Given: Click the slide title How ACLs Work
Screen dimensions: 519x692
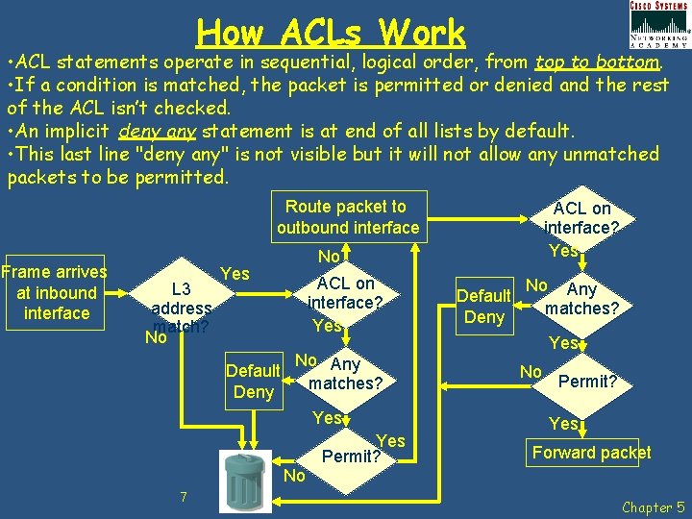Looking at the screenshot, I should coord(331,33).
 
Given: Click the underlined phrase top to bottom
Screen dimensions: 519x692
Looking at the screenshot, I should coord(597,62).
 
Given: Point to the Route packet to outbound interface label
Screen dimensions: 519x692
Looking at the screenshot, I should coord(347,217).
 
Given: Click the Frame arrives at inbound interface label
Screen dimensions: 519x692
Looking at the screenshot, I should coord(56,292).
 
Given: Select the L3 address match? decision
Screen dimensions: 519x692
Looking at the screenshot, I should coord(181,308).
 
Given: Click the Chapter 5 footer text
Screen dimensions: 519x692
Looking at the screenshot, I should coord(653,507).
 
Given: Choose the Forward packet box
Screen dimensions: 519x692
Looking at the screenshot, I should coord(591,453).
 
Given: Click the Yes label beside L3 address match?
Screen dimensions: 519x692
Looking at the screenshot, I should coord(235,275).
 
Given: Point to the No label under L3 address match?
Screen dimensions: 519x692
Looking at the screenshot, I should coord(155,337).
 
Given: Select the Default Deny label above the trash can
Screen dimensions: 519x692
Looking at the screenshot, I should coord(253,382).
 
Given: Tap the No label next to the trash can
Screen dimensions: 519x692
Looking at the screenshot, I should coord(295,476).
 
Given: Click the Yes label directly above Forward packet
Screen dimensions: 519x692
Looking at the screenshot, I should coord(563,424).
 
